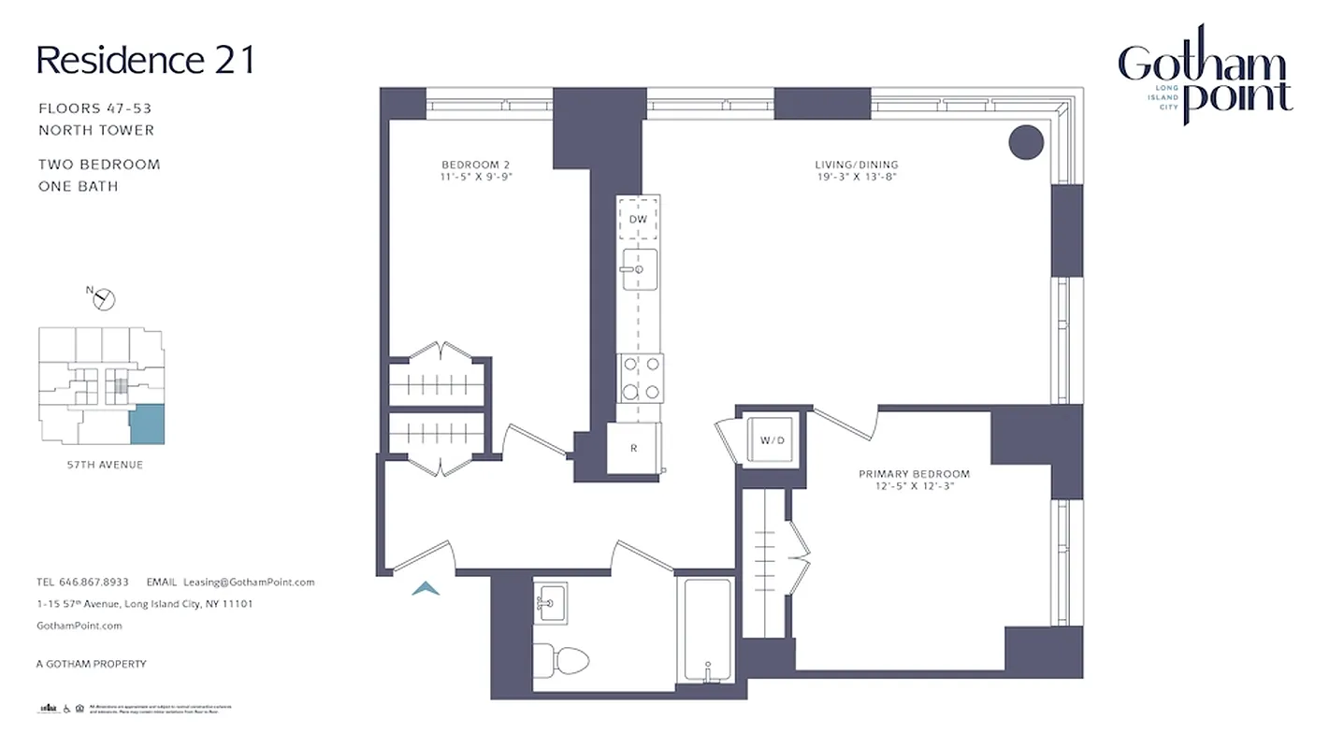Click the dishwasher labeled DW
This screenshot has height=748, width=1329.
pos(638,219)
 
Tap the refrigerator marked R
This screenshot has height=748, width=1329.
pos(633,448)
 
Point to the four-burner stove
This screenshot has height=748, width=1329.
pos(640,378)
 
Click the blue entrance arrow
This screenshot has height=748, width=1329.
pos(426,588)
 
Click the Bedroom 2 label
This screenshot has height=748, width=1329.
pos(477,170)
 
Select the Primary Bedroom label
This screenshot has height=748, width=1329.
pos(914,480)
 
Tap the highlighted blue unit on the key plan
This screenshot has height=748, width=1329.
pos(146,424)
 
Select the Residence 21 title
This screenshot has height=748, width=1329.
pos(145,60)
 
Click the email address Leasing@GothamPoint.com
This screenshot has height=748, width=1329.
pos(249,582)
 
